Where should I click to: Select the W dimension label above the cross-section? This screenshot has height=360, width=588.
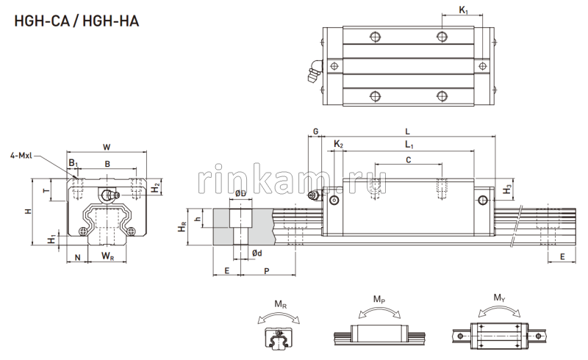[107, 146]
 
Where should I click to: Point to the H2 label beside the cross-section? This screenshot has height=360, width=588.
[156, 189]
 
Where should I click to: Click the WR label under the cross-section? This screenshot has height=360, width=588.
[107, 256]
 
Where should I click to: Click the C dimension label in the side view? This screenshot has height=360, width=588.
[409, 159]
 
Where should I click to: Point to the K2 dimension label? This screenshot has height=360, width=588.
[338, 145]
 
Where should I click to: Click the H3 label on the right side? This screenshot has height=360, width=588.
[507, 190]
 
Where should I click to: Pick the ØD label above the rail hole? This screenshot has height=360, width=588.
[240, 194]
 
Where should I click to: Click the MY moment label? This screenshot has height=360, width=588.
[498, 298]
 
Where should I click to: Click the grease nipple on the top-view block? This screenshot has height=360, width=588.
[312, 71]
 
